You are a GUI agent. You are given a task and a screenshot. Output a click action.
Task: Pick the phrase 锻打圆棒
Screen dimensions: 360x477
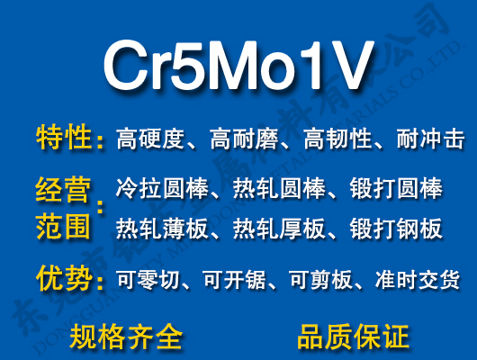tap(395, 190)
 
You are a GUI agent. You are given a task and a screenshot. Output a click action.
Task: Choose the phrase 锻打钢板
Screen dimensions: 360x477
tap(395, 229)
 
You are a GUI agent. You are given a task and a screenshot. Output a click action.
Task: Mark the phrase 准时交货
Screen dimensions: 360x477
tap(418, 280)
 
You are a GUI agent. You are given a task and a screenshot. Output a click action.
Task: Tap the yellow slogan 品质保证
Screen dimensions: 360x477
tap(353, 337)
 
